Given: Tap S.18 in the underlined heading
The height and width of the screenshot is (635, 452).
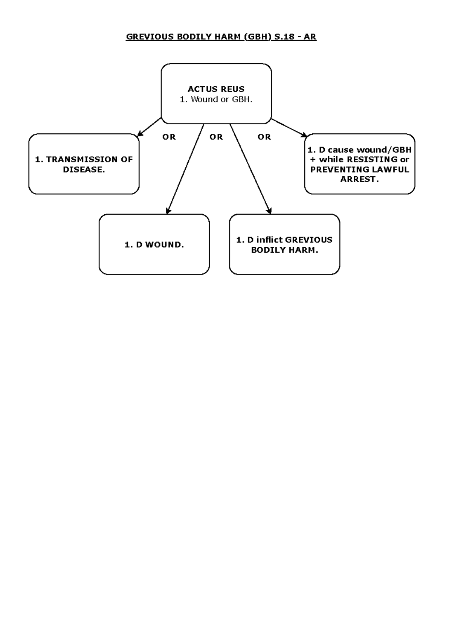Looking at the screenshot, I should (x=284, y=37).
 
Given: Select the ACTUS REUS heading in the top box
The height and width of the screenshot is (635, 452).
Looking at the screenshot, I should (x=216, y=89).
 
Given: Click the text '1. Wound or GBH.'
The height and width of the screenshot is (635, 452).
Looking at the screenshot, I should (x=216, y=99).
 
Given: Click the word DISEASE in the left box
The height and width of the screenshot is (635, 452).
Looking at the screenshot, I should (x=83, y=170).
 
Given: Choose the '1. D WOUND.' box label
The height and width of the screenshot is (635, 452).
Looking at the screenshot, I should (x=154, y=245).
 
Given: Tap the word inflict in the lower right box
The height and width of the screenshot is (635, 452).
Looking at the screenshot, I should (x=270, y=240).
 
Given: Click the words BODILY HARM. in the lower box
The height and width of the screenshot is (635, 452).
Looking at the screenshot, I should (x=284, y=250).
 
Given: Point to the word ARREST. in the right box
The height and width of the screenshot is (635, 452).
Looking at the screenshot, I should (x=359, y=180).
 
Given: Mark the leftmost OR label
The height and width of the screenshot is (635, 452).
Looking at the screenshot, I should (x=169, y=137).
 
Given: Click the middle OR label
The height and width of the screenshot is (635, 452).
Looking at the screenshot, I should (x=216, y=137).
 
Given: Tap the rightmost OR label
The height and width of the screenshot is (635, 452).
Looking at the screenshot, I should (x=264, y=137).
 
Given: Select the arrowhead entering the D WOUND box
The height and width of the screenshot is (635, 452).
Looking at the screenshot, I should (x=168, y=211).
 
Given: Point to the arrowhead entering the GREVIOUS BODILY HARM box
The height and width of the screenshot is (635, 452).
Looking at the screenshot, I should (x=269, y=211).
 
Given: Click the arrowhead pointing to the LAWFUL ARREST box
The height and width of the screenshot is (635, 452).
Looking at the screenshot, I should (x=305, y=135).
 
